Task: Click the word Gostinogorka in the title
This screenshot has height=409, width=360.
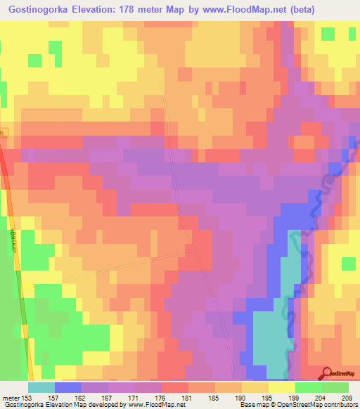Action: pyautogui.click(x=35, y=9)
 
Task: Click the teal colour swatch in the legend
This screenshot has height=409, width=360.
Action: pyautogui.click(x=41, y=388)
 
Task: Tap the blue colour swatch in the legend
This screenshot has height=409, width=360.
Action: pyautogui.click(x=68, y=388)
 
